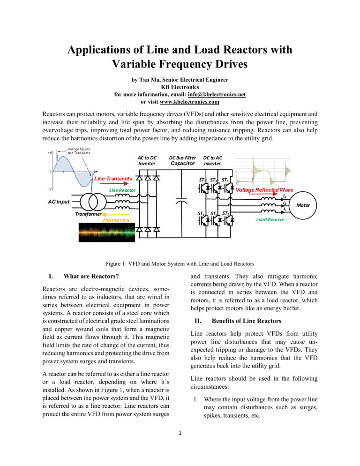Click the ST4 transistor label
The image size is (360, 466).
(202, 214)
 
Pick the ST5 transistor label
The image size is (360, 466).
(225, 180)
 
